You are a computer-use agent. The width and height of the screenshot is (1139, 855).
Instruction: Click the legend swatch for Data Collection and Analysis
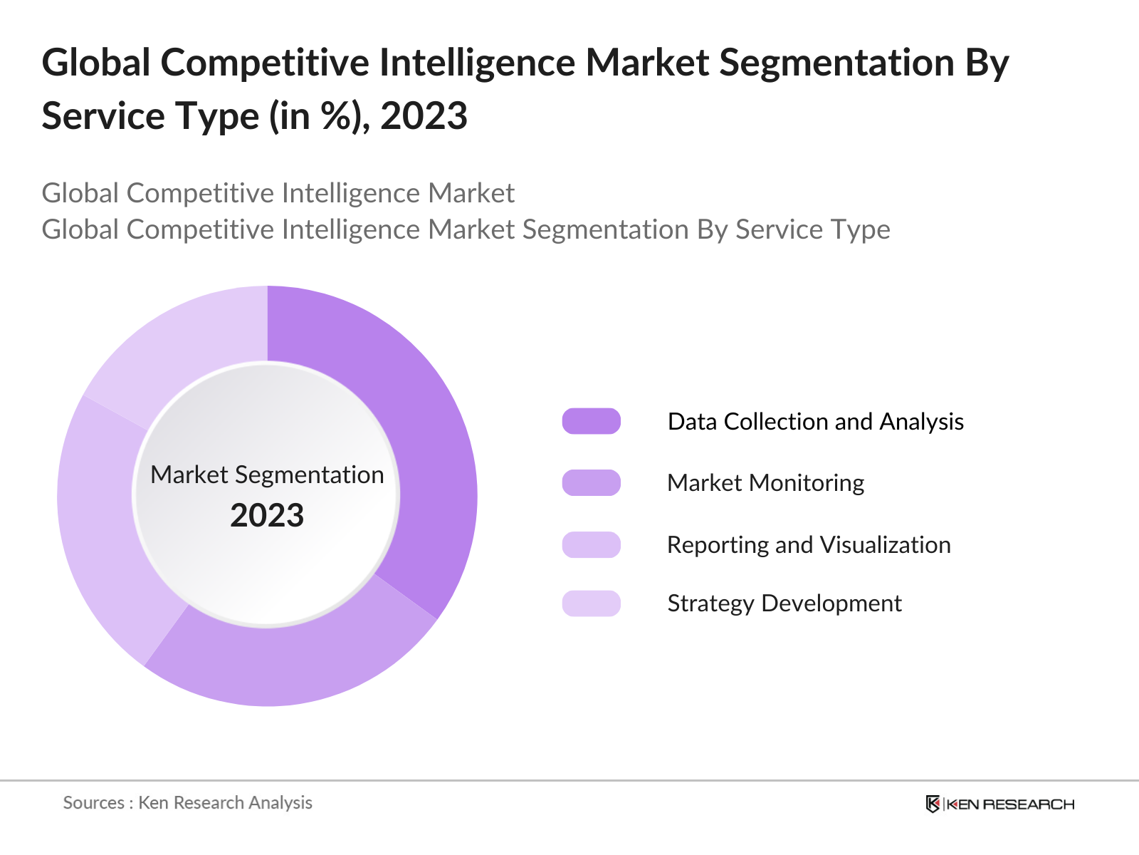pos(591,421)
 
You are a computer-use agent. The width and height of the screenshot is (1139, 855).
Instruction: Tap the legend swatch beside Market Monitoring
pos(591,482)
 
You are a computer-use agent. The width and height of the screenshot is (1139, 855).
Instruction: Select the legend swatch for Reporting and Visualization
pos(591,544)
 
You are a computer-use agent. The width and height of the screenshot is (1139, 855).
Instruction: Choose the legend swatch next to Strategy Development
pos(591,603)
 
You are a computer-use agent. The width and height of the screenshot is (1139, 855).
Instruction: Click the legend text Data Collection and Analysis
pos(815,421)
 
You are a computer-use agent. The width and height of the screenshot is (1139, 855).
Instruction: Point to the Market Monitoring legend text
pos(765,482)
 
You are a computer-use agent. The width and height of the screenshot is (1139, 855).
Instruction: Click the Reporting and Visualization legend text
pos(809,544)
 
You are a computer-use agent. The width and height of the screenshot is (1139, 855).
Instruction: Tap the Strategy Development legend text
pos(784,603)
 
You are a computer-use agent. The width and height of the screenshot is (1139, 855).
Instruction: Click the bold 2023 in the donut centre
pos(267,515)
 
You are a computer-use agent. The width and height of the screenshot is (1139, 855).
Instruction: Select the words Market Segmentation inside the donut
pos(267,475)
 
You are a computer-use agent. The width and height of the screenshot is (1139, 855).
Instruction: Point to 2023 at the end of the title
pos(424,116)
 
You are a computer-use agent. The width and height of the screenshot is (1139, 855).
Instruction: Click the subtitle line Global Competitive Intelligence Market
pos(278,193)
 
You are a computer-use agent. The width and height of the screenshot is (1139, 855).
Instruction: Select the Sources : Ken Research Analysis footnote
pos(188,802)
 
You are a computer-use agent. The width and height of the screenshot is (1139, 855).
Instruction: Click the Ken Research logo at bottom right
pos(999,804)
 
